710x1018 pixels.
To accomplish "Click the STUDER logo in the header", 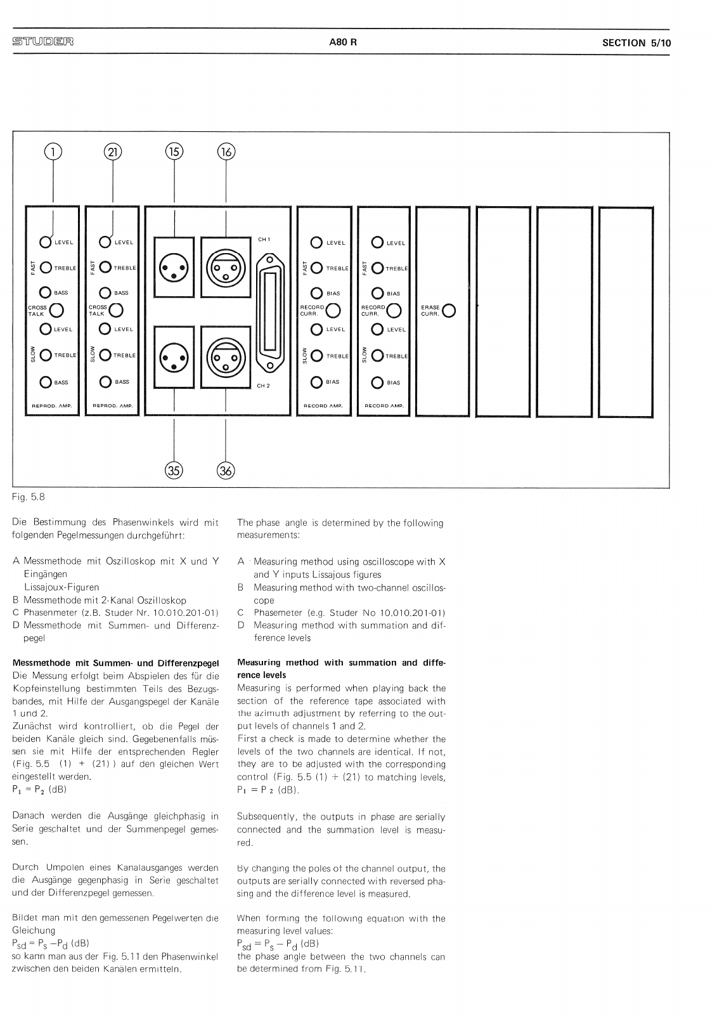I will point(42,42).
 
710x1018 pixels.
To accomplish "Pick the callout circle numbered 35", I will point(174,470).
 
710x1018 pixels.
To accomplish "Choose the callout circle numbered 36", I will point(226,470).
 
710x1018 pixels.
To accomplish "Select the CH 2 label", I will point(264,386).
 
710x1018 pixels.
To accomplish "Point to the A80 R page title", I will point(343,43).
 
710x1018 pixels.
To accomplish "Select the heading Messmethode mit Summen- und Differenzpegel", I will point(115,663).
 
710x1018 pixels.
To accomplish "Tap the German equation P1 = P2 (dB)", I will point(39,790).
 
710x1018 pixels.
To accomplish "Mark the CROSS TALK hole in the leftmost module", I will point(56,310).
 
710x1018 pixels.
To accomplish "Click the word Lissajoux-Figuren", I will point(61,587).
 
